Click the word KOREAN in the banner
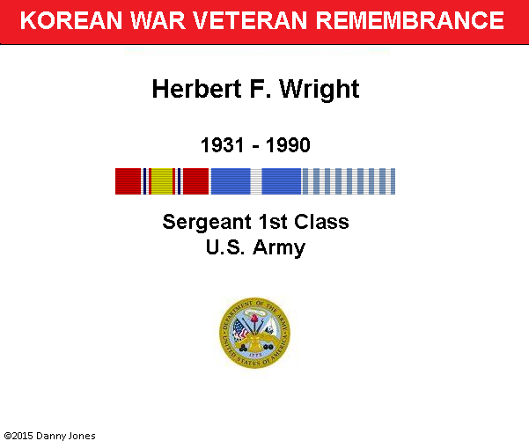[x=71, y=20]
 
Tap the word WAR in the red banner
[x=158, y=20]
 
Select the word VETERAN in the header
[x=250, y=20]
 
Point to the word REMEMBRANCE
[x=410, y=20]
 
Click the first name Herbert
[x=197, y=89]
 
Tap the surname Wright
[x=320, y=90]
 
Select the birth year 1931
[x=223, y=145]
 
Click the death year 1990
[x=288, y=145]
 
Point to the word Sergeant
[x=207, y=223]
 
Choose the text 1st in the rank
[x=273, y=222]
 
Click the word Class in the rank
[x=321, y=222]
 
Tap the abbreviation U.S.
[x=225, y=247]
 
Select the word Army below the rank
[x=279, y=249]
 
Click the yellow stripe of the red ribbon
[x=162, y=181]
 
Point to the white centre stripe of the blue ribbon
[x=256, y=181]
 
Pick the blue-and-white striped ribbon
[x=349, y=181]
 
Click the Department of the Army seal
[x=254, y=333]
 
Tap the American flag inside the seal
[x=240, y=330]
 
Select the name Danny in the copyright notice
[x=49, y=436]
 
